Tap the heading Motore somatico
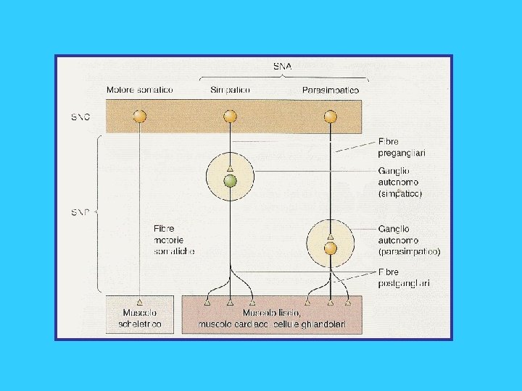(140, 90)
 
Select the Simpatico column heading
(230, 90)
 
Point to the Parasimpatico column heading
(330, 90)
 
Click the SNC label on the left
(80, 117)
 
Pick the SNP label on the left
(80, 212)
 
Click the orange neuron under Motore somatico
(140, 116)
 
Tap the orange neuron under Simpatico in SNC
(230, 116)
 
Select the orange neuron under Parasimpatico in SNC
(331, 116)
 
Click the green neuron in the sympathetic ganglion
(230, 181)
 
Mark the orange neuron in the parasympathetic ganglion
(331, 248)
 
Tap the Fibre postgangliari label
(404, 277)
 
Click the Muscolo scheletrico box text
(139, 319)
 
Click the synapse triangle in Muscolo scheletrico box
(140, 301)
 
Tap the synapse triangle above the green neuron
(230, 168)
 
